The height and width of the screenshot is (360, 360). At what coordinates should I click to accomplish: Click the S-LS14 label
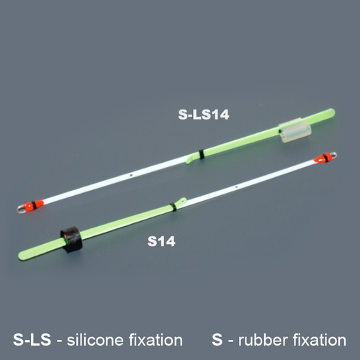(203, 114)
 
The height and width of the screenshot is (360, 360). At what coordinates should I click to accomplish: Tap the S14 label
(162, 242)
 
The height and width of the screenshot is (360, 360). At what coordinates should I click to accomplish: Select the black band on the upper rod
(203, 154)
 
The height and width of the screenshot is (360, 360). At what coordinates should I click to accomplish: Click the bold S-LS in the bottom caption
(32, 339)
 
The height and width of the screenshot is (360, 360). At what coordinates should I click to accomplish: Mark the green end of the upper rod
(329, 112)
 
